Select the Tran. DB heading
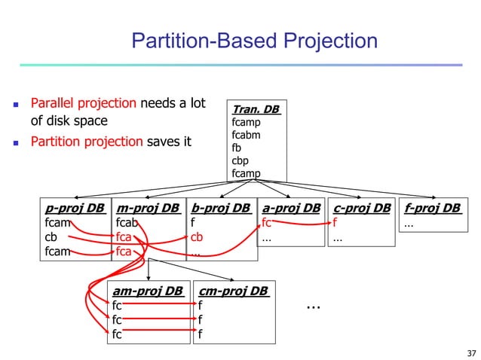[x=256, y=110]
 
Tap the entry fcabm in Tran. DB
[x=247, y=135]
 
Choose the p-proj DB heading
[x=75, y=208]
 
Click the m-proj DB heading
[x=147, y=208]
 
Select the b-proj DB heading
[x=220, y=208]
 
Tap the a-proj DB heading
[x=291, y=208]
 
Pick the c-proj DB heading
[x=362, y=208]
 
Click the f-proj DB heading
[x=433, y=208]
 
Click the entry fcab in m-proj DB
[x=127, y=223]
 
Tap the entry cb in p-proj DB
[x=51, y=237]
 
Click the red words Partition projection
[x=85, y=141]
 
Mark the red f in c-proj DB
[x=335, y=223]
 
